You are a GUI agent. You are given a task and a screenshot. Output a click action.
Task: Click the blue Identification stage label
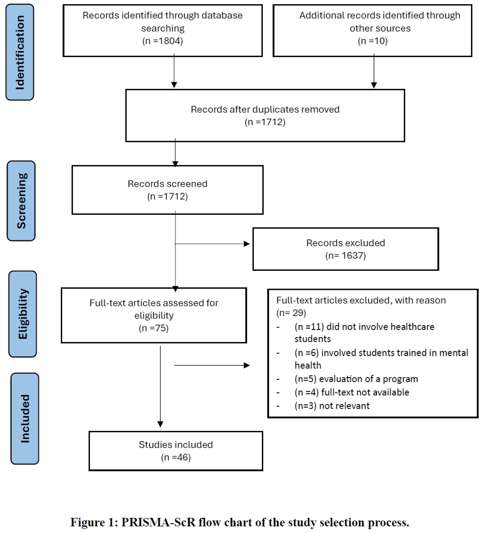coord(20,52)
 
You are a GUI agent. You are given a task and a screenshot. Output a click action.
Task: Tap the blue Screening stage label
coord(21,201)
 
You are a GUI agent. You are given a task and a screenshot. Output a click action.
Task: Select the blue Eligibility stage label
coord(23,314)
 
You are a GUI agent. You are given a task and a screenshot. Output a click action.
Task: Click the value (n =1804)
coord(162,41)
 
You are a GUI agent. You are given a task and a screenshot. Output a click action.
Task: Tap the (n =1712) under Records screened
coord(167,196)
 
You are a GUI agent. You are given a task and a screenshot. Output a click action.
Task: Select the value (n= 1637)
coord(345,255)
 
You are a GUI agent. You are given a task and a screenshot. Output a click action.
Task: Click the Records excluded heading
coord(345,243)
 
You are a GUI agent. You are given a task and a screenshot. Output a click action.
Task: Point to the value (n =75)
coord(154,328)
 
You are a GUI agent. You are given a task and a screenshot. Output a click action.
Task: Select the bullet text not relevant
coord(344,406)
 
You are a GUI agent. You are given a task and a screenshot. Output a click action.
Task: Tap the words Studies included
coord(176,445)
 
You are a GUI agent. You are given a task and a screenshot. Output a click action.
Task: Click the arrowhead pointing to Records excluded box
coord(247,244)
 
